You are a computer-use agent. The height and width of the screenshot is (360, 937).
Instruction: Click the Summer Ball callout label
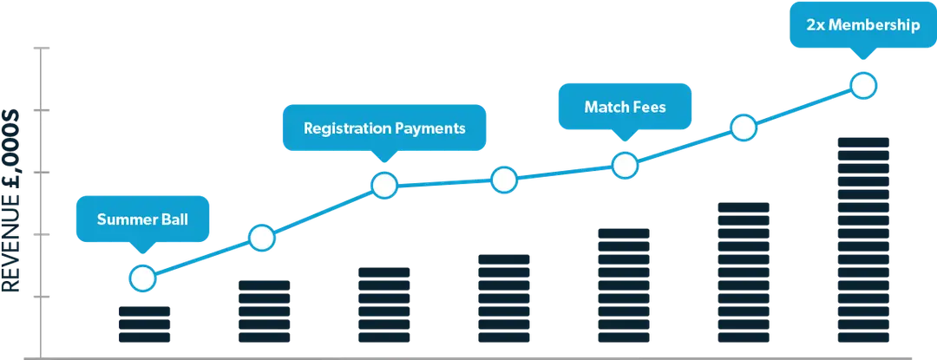point(143,219)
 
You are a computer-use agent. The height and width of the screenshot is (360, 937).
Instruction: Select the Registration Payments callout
point(384,128)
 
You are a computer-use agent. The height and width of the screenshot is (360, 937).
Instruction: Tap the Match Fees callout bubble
point(625,107)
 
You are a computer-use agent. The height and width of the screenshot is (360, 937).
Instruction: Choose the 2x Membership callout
point(863,25)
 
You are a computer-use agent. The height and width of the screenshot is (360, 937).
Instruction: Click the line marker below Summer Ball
point(143,278)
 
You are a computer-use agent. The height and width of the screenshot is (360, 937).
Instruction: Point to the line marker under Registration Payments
point(384,186)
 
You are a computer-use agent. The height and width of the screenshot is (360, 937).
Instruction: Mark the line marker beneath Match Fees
point(625,166)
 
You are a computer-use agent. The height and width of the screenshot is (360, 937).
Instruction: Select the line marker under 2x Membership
point(863,85)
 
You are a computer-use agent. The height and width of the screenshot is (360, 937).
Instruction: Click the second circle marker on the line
point(262,239)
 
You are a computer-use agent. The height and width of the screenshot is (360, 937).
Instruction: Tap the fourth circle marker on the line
point(504,179)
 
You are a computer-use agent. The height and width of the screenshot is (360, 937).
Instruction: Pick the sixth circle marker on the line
point(744,128)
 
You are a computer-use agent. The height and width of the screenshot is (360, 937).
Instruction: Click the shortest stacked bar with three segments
point(145,324)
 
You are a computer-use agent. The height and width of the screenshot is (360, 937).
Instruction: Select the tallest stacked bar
point(863,240)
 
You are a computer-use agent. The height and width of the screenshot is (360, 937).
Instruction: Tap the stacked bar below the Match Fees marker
point(624,285)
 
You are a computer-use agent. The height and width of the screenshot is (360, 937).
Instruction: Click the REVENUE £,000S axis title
point(11,201)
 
